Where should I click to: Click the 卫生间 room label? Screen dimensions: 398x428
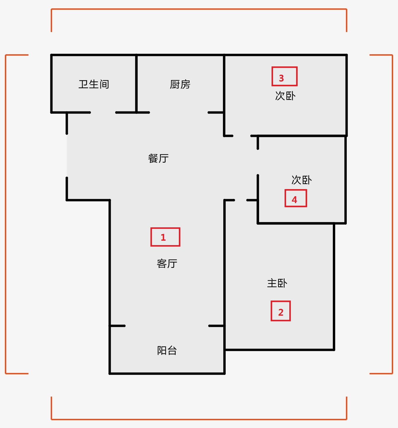(94, 84)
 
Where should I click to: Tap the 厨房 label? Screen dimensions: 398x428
(180, 84)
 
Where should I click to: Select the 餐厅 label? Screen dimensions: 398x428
(158, 158)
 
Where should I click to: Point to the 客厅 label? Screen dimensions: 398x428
(167, 263)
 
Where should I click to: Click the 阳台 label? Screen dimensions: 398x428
(167, 351)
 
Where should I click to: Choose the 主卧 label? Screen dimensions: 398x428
(277, 283)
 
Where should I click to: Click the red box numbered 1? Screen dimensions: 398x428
(165, 237)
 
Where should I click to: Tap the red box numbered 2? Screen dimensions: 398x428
(281, 311)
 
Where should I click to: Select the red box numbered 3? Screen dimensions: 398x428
(284, 76)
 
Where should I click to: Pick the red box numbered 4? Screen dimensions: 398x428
(296, 198)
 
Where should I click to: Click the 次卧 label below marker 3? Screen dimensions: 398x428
(285, 96)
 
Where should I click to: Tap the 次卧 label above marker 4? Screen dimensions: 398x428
(301, 180)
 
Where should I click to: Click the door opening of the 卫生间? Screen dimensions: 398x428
(103, 113)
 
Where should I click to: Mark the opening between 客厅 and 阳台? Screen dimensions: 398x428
(167, 326)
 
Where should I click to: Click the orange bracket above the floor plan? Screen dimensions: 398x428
(199, 9)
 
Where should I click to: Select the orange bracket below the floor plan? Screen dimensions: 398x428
(199, 419)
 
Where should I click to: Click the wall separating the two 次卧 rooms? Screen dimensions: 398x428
(299, 136)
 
